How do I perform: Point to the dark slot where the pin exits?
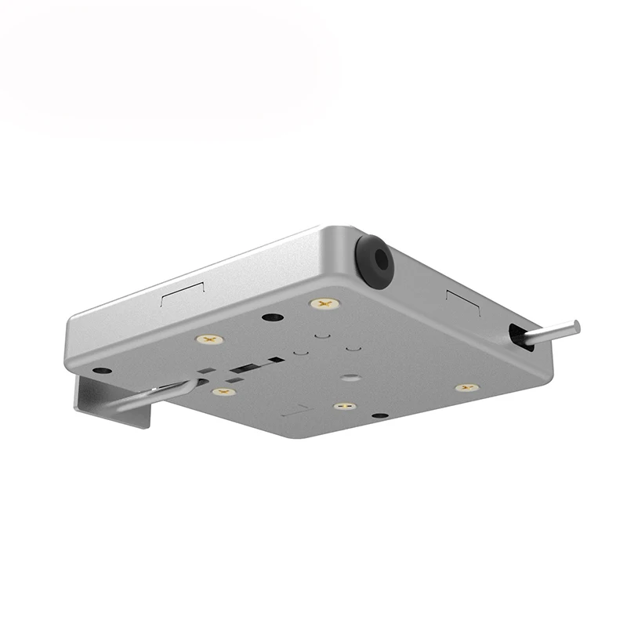tap(517, 335)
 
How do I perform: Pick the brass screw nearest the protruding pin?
tap(466, 387)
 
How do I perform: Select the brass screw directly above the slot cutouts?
tap(209, 339)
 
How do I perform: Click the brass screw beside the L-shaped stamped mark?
tap(343, 406)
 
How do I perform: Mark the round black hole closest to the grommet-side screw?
tap(271, 317)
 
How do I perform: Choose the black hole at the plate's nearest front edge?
tap(380, 415)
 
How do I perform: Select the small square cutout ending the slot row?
tap(276, 360)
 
